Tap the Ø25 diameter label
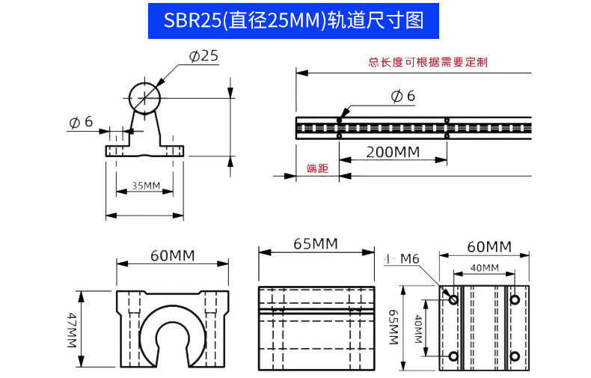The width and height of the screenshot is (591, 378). tap(203, 56)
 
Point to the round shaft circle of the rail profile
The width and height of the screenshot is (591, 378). tap(144, 97)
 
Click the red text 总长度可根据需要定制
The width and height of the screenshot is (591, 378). tap(428, 62)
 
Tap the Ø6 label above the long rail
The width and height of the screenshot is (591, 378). tap(403, 96)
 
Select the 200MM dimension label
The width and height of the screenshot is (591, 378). tap(392, 153)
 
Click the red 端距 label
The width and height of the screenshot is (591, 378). tap(317, 168)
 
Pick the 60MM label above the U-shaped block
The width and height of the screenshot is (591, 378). tap(172, 255)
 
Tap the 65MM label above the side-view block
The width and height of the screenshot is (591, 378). tap(315, 244)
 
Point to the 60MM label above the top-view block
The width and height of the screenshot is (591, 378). tap(489, 247)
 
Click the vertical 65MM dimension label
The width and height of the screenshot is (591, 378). tap(392, 328)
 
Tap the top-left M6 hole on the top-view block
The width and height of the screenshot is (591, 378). tap(453, 299)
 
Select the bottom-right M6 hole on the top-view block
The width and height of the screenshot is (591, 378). tap(515, 356)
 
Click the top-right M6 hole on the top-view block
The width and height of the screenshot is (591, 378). tap(515, 299)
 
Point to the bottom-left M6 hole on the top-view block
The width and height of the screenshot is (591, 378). tap(453, 356)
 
